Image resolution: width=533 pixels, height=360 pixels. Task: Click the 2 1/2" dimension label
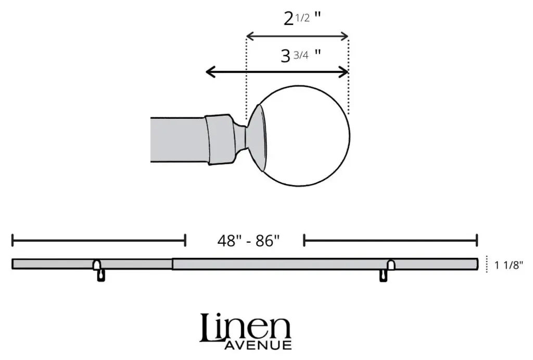click(x=302, y=19)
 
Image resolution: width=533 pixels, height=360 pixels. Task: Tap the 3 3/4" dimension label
click(x=300, y=55)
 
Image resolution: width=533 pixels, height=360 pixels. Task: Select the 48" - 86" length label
click(x=248, y=241)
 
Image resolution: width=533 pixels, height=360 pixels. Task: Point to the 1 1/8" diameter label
click(x=509, y=265)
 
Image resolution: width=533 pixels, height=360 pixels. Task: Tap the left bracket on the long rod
click(x=99, y=270)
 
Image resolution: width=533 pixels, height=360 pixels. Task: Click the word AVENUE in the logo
click(x=258, y=345)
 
